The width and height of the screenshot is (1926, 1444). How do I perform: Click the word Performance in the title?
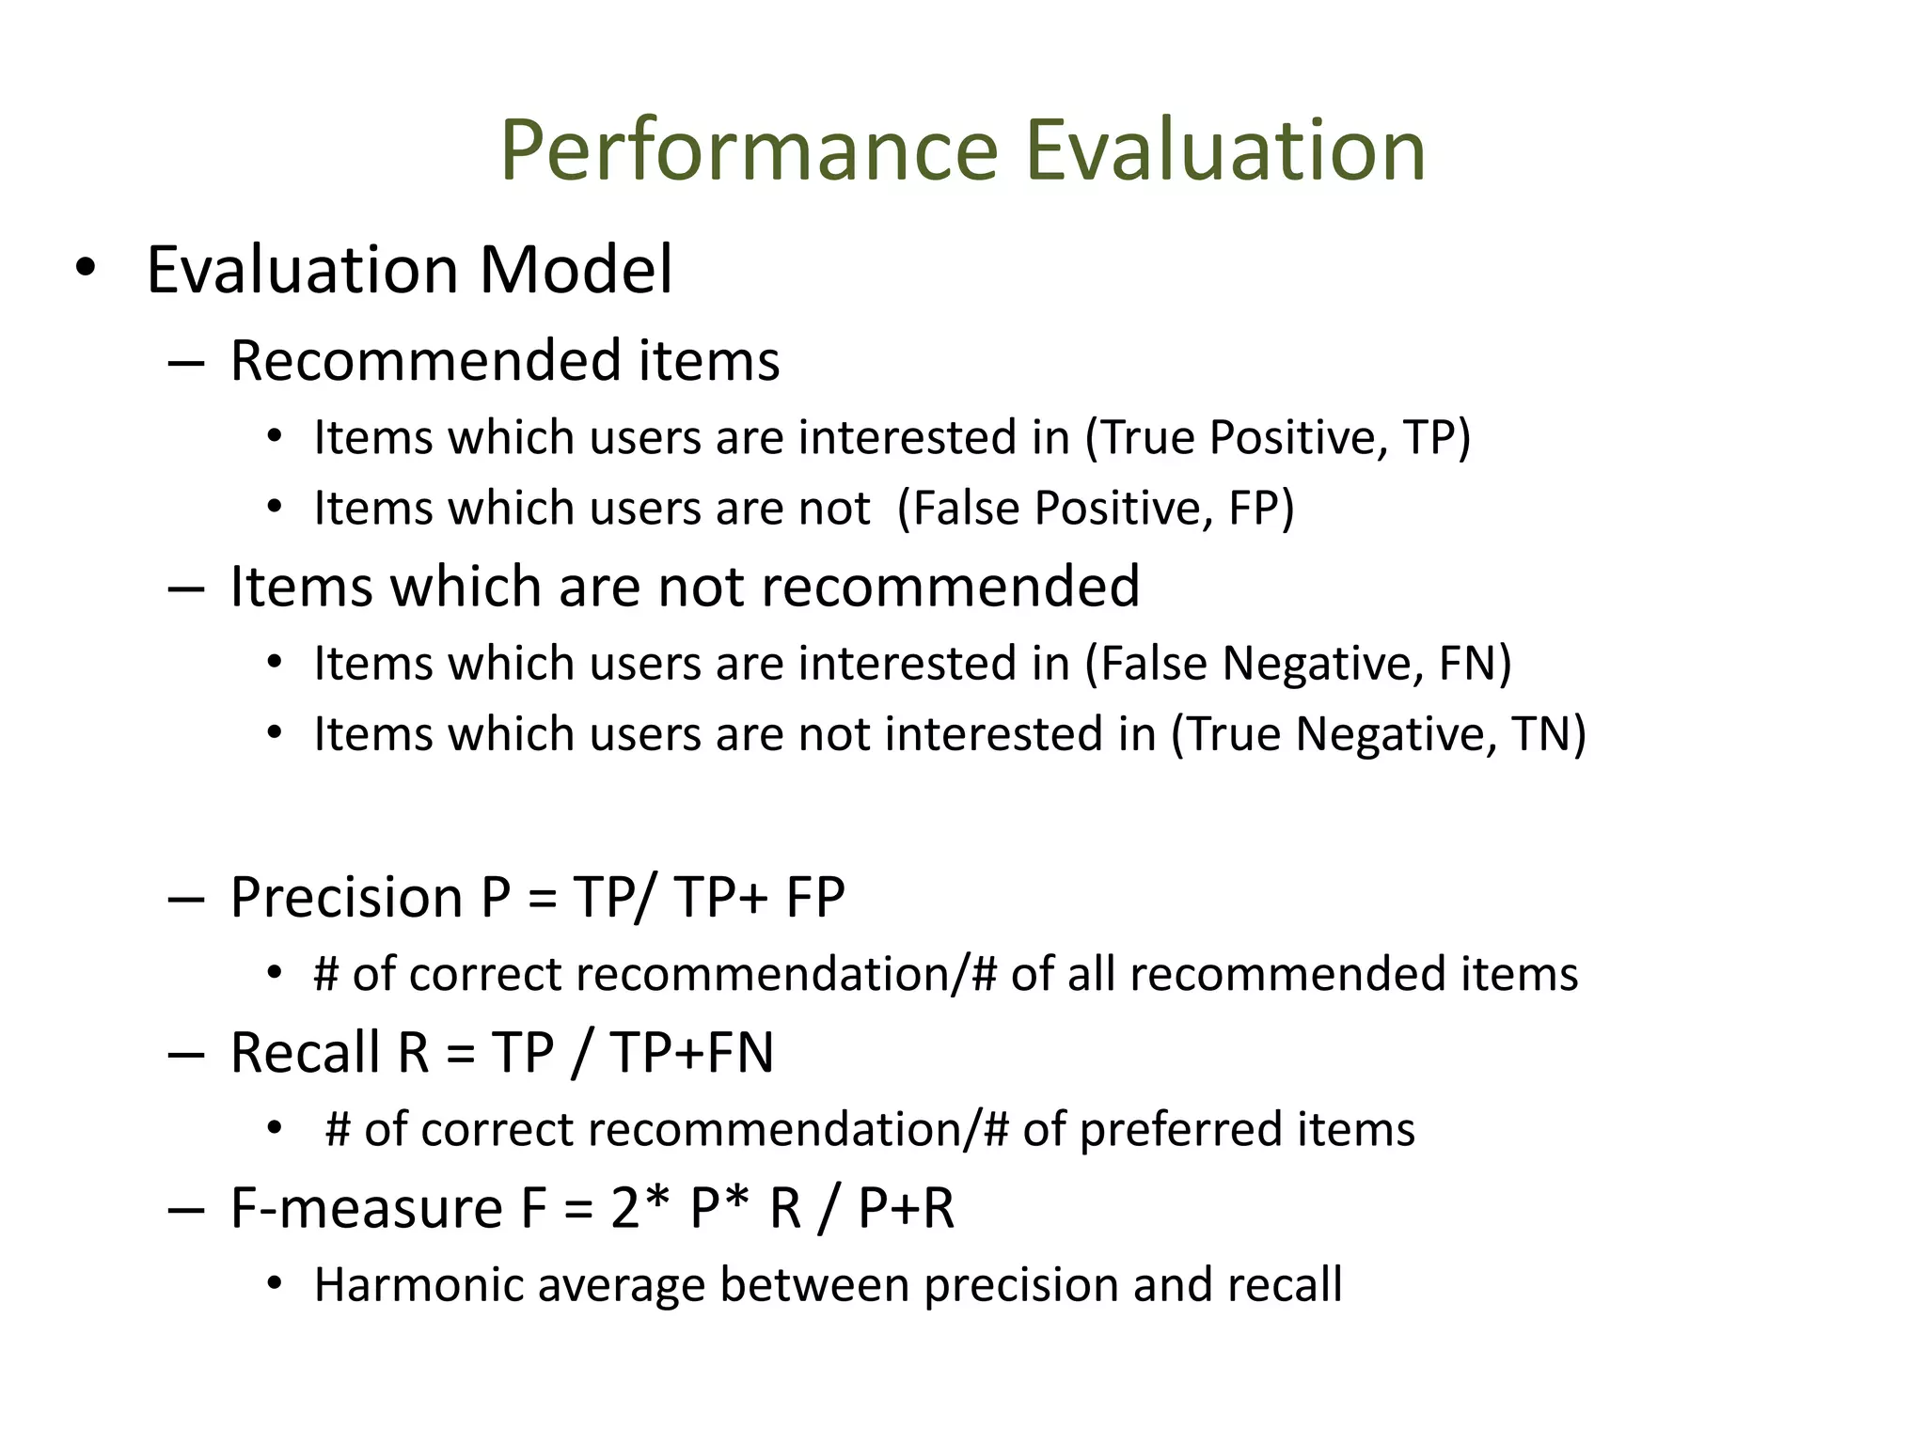749,150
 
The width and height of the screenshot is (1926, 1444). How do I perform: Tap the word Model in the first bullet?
576,270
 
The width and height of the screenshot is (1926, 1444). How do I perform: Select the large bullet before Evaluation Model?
86,268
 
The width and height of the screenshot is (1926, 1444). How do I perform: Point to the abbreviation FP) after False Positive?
1261,508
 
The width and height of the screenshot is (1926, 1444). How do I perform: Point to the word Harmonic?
416,1284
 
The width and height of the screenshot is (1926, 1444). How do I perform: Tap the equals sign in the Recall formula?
460,1054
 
